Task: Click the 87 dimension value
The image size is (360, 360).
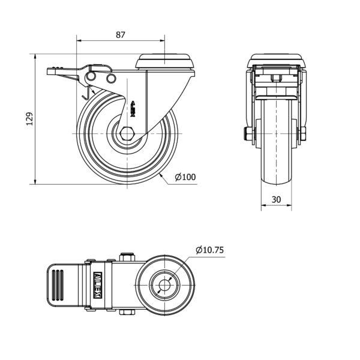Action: click(x=121, y=35)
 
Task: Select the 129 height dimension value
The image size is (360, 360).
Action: click(x=30, y=119)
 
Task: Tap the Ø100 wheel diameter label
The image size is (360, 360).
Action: click(x=185, y=177)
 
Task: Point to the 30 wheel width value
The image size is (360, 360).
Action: click(x=276, y=200)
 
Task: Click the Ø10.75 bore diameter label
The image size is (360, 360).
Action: click(x=209, y=250)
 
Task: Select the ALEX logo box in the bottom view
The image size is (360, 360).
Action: click(x=98, y=285)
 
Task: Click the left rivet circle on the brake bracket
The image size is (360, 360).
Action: click(x=91, y=76)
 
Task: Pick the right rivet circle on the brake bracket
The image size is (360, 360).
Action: click(x=111, y=78)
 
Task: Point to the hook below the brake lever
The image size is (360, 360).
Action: click(x=86, y=94)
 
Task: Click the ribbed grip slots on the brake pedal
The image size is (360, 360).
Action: click(x=58, y=285)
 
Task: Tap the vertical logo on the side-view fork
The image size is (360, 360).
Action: click(x=133, y=109)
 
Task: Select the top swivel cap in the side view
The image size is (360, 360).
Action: click(x=165, y=61)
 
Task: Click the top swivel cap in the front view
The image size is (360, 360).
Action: click(x=277, y=61)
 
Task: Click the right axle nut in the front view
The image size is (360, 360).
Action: click(x=303, y=134)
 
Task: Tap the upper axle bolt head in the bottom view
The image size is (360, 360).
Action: click(x=127, y=257)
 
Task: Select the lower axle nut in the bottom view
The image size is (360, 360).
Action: click(x=127, y=312)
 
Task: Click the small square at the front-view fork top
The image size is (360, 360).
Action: click(x=277, y=78)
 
